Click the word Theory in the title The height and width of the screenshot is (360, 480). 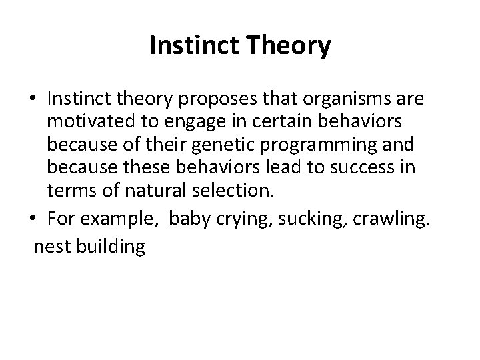(x=289, y=46)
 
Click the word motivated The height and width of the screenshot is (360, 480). (x=85, y=123)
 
